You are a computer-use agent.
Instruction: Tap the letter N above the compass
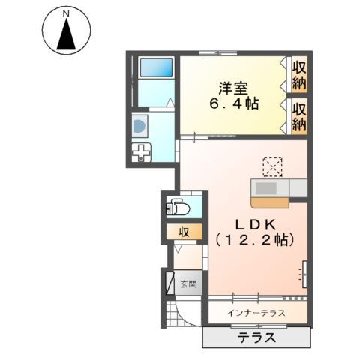66,13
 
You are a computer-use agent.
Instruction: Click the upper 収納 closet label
300,74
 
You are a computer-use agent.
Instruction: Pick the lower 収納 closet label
300,117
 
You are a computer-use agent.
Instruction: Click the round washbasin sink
140,128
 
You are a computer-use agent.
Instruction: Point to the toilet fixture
176,206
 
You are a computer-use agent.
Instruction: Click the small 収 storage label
182,232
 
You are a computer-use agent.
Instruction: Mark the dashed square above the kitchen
272,166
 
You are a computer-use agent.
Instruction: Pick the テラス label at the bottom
256,337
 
